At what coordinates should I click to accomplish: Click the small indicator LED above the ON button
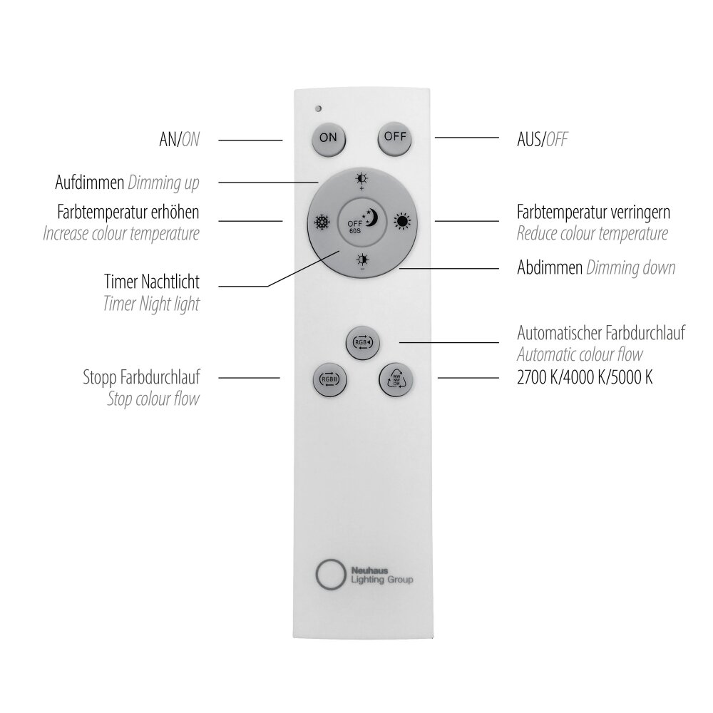(x=319, y=108)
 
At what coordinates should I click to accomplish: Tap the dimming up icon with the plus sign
(x=362, y=181)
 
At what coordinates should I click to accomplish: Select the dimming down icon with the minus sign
(x=362, y=262)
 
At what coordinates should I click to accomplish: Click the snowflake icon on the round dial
(x=322, y=222)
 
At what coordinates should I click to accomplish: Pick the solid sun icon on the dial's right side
(x=402, y=222)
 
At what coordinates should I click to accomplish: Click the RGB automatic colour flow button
(x=362, y=342)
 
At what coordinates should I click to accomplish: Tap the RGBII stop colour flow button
(x=329, y=379)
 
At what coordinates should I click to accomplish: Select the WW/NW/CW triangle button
(x=396, y=379)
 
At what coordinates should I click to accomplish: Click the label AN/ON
(x=179, y=140)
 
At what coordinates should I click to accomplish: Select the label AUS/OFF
(x=542, y=140)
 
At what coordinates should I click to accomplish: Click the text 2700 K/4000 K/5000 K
(x=585, y=377)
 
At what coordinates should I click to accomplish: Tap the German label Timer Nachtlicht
(x=151, y=282)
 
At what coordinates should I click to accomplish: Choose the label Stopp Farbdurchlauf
(x=141, y=377)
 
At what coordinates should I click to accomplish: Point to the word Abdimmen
(x=549, y=267)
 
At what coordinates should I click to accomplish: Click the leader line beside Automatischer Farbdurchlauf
(x=449, y=342)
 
